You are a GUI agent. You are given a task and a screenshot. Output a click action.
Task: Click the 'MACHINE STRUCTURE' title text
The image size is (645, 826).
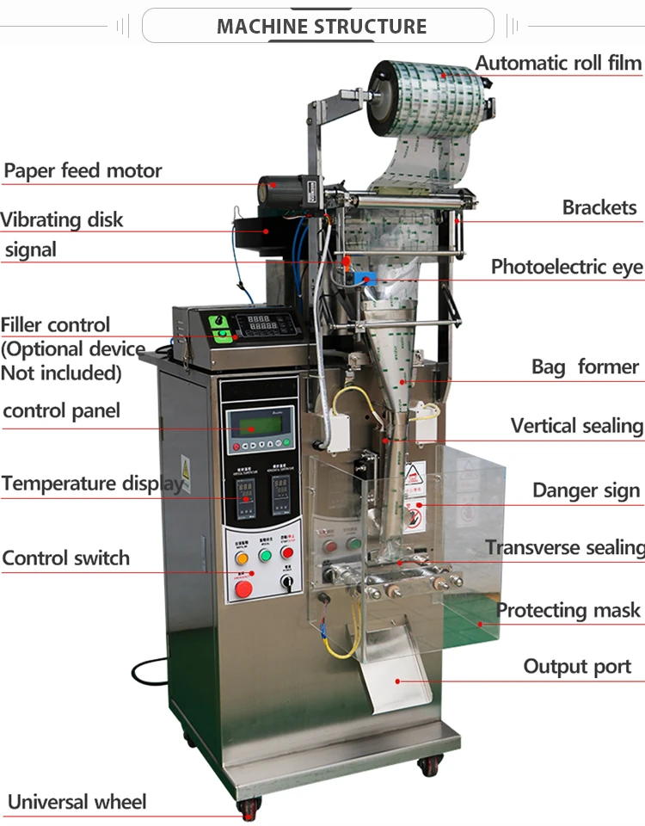coord(322,26)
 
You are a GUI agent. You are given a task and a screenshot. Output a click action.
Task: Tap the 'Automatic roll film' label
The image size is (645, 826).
coord(558,63)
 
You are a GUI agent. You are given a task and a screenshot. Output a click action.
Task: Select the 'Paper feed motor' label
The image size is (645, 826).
coord(83,170)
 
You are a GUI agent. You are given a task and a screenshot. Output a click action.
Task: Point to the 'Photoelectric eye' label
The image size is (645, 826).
coord(567,267)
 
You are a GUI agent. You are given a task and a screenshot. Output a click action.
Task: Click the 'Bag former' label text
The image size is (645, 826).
coord(585,367)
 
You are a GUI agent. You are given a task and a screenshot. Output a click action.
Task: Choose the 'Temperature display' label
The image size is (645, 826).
coord(93,483)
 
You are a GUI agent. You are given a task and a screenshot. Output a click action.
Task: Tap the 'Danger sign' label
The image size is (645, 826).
coord(586,490)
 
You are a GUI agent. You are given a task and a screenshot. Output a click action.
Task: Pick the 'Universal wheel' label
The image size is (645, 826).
coord(77,802)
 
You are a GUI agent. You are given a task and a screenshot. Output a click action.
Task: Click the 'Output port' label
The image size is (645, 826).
coord(577,666)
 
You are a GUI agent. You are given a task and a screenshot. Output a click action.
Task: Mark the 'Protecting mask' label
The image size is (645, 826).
coord(568,610)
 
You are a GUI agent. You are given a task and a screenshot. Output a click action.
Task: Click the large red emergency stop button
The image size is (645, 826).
coord(244,589)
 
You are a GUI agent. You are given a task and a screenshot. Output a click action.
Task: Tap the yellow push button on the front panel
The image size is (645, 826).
coord(242,556)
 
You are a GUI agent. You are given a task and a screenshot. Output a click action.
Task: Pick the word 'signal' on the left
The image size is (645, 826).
coord(31,250)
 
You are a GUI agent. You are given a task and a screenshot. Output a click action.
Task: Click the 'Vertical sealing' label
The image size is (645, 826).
coord(576,426)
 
